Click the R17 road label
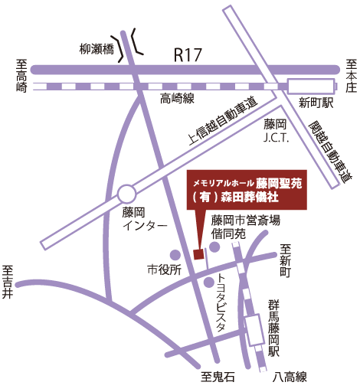tap(188, 54)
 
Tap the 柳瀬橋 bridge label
tap(97, 50)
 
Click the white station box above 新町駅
tap(310, 86)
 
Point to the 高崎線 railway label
tap(178, 98)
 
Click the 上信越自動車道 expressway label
tap(222, 122)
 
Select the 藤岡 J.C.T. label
tap(274, 129)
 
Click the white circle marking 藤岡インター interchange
tap(126, 191)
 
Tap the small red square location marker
tap(199, 253)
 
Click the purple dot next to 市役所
tap(175, 254)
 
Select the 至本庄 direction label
tap(350, 76)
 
